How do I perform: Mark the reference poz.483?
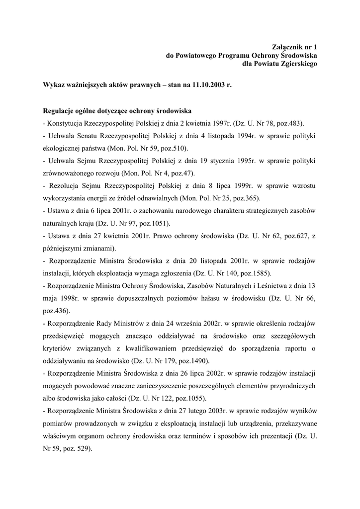coord(288,123)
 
